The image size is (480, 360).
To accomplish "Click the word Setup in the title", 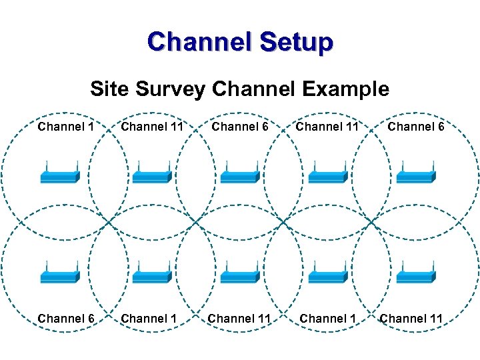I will point(295,42).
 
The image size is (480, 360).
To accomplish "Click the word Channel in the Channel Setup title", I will point(200,42).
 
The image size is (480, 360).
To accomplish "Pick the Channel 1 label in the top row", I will point(65,126).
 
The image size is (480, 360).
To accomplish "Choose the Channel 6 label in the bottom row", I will point(65,319).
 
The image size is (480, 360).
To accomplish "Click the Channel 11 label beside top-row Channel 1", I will point(152,126).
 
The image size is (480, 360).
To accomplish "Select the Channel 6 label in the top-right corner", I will point(415,126).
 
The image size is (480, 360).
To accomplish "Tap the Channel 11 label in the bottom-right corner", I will point(411,319).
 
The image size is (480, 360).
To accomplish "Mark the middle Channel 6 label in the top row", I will point(240,126).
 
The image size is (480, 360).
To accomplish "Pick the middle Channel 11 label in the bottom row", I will point(239,319).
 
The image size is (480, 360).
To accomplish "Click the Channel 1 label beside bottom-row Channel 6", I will point(149,319).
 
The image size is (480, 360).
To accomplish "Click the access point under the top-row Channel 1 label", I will point(60,175).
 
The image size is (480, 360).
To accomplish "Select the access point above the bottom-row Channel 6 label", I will point(60,275).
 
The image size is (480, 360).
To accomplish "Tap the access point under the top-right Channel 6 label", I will point(416,175).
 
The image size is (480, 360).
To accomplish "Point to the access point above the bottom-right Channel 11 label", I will point(416,275).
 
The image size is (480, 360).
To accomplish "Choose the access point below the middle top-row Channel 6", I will point(239,175).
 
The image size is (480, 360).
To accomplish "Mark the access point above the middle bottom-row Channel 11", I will point(239,275).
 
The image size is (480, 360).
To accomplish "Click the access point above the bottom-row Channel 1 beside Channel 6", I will point(152,275).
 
